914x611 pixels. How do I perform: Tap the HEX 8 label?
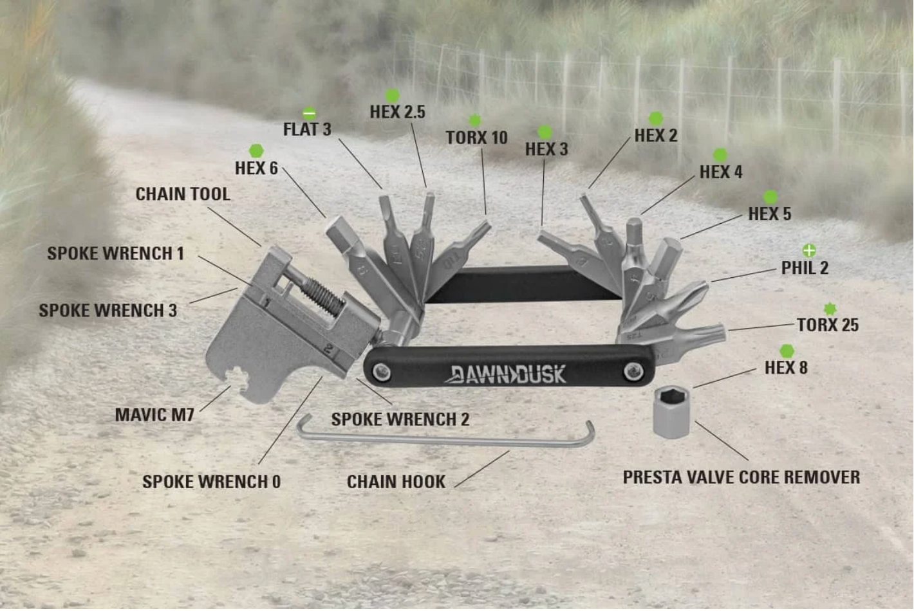(786, 368)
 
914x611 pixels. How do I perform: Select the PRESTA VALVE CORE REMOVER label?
(741, 477)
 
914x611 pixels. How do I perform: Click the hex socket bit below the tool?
(671, 412)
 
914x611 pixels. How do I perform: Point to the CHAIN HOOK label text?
(396, 482)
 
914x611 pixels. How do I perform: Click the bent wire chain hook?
(444, 437)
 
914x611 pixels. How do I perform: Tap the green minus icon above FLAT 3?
(309, 114)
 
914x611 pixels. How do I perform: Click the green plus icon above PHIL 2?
(809, 250)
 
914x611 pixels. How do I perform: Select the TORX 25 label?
(828, 325)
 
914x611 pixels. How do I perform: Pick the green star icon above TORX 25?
(830, 309)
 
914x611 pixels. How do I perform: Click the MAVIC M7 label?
(154, 415)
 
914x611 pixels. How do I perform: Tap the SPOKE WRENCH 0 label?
(211, 482)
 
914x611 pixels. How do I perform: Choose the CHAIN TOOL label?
(183, 194)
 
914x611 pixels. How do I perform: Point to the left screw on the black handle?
(382, 371)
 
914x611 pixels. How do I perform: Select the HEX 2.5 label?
(397, 112)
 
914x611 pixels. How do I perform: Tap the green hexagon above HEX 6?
(256, 151)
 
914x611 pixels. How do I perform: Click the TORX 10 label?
(476, 138)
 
